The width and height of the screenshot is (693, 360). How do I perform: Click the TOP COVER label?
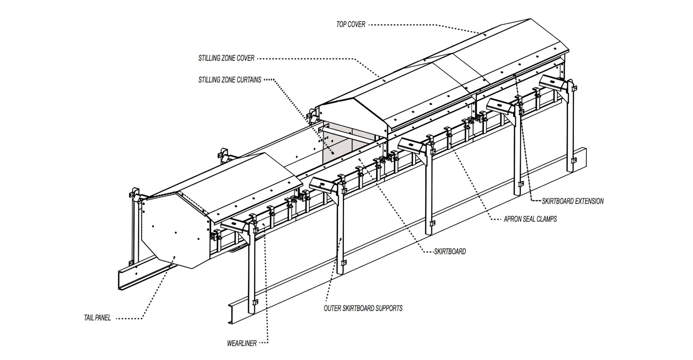351,24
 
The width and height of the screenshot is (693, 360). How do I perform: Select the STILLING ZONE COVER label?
226,58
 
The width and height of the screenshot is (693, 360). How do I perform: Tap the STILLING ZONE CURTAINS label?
229,80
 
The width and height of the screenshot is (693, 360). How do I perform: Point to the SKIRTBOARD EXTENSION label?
573,201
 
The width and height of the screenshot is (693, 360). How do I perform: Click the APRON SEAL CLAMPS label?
530,219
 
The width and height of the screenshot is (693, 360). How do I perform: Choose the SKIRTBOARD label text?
450,252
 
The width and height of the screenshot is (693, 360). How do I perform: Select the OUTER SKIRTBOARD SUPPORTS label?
363,308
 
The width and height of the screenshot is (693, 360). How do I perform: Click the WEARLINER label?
242,343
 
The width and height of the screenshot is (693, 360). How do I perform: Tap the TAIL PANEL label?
97,318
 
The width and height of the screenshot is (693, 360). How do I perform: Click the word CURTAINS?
248,80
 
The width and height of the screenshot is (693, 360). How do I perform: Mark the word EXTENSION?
589,201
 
